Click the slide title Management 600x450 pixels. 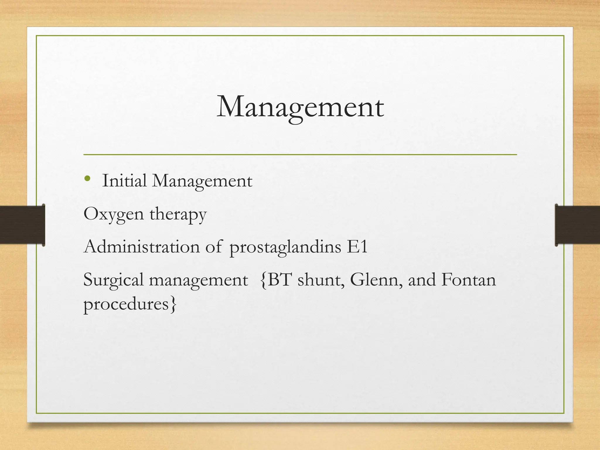[x=300, y=108]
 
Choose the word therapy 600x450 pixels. [x=178, y=215]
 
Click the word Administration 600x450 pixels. [x=142, y=247]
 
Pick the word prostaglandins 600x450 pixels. [x=285, y=248]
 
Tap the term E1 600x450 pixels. [x=357, y=247]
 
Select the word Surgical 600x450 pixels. [x=113, y=280]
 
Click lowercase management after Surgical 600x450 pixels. [x=198, y=281]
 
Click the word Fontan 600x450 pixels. [x=468, y=280]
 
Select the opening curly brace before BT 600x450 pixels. [x=263, y=280]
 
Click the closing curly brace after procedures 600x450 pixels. [x=174, y=305]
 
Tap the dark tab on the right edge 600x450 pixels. [x=577, y=225]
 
